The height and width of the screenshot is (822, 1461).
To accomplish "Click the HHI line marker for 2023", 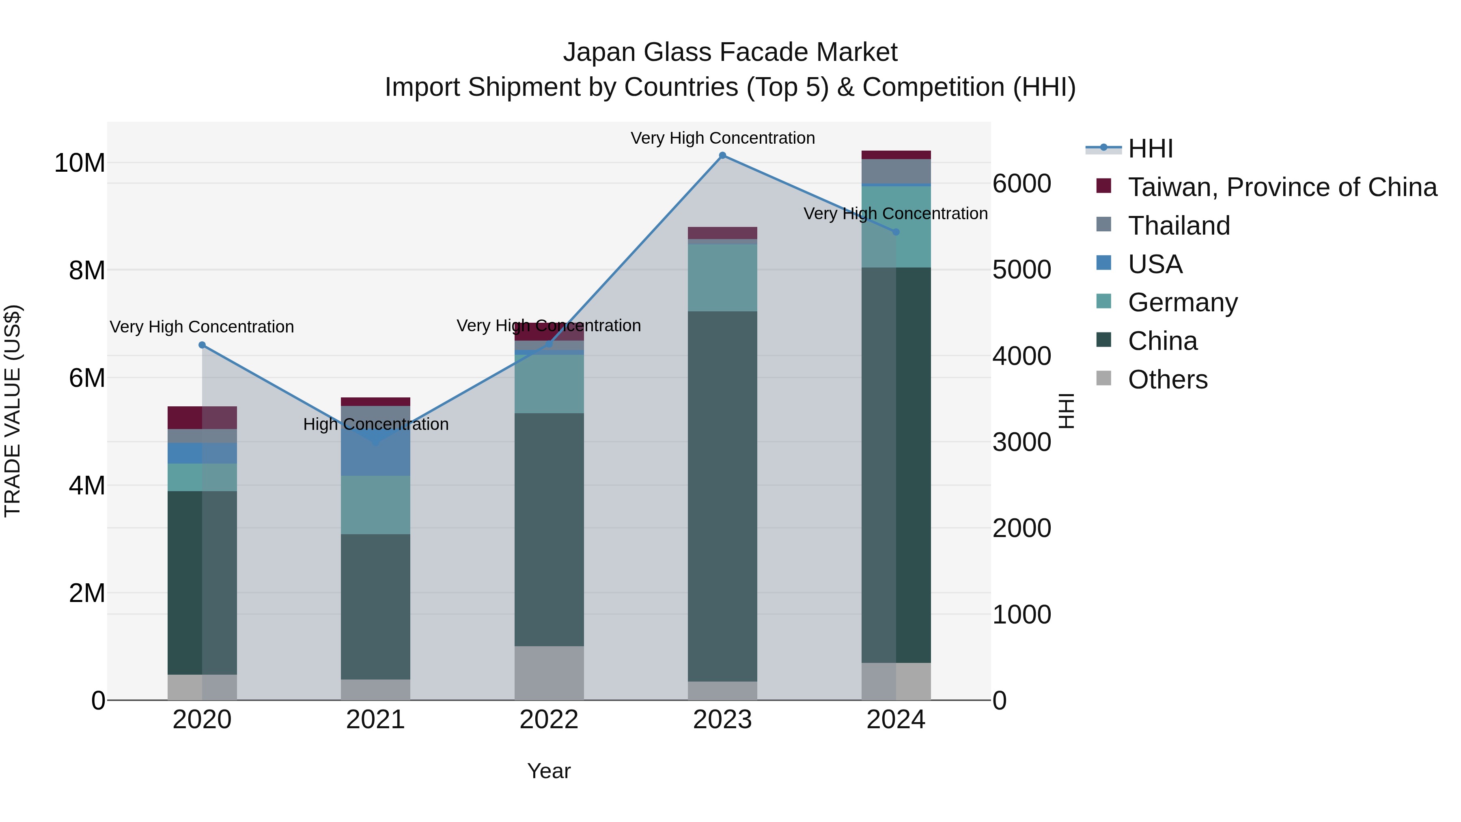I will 722,155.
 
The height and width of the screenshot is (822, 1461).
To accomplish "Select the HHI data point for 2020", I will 202,345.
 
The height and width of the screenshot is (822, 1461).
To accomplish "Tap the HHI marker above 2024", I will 896,232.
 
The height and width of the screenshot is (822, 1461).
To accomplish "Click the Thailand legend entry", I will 1179,226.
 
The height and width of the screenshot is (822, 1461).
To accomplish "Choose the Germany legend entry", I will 1183,302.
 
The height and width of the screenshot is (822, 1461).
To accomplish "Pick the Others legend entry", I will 1167,380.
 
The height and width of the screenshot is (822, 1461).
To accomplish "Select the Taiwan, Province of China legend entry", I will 1282,187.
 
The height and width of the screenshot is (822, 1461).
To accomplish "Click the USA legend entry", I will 1155,264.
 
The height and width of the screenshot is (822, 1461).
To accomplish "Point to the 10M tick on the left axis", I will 80,163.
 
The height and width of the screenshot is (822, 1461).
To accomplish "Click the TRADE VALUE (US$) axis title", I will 13,411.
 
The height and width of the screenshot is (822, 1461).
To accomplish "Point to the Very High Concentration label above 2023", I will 722,138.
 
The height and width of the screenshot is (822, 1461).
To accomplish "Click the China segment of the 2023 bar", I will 722,496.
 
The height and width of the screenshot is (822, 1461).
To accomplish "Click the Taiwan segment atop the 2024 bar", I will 896,155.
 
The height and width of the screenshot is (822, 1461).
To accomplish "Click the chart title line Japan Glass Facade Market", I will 730,52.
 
